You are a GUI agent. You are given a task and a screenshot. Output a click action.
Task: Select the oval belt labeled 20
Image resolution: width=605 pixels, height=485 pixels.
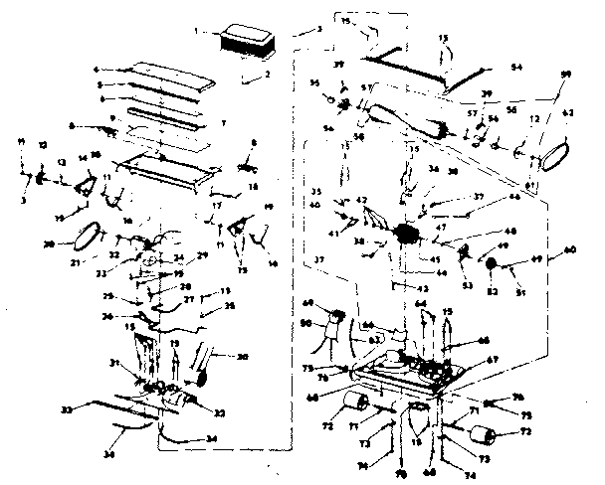tap(90, 235)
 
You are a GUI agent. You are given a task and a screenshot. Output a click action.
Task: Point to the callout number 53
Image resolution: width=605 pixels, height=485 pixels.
tap(466, 285)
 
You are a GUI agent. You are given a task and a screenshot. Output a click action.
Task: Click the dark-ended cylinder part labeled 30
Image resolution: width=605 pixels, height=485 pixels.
tap(205, 366)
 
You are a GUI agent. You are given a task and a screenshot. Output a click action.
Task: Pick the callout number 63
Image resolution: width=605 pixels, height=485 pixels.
tap(375, 339)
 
